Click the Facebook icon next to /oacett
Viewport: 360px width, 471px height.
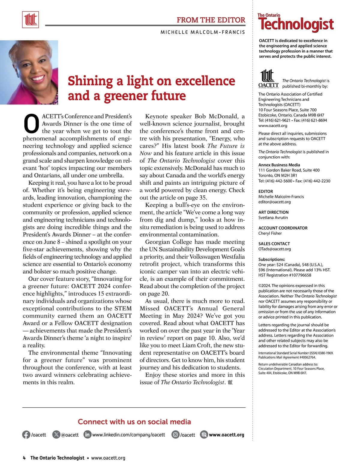26,435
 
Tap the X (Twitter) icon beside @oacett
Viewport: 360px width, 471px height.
56,435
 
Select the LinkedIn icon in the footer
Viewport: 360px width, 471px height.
87,434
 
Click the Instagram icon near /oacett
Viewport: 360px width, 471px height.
175,434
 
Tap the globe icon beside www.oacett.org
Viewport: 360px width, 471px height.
204,434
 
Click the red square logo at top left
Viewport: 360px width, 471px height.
31,20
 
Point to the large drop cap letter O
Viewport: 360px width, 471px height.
31,124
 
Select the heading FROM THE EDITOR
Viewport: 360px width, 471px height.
211,20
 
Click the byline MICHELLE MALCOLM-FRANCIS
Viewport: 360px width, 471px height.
203,32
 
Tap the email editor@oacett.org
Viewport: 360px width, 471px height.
274,202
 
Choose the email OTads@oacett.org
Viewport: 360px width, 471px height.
274,249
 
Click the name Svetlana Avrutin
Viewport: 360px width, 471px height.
273,218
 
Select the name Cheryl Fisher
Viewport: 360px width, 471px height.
270,233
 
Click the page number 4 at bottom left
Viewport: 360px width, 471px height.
24,458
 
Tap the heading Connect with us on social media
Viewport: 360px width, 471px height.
134,422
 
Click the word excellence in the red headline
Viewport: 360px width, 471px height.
205,81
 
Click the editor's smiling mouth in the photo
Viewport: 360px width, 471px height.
37,79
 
